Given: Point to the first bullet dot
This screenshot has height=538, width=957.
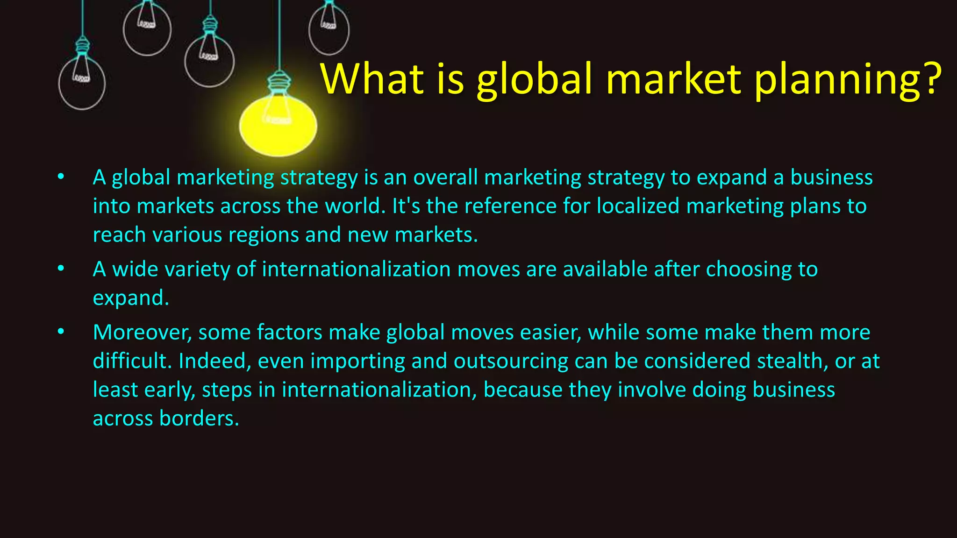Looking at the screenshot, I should (x=61, y=177).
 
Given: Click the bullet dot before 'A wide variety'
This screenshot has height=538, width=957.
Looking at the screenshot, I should (x=61, y=269).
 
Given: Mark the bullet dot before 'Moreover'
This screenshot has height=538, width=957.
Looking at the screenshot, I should (x=61, y=332).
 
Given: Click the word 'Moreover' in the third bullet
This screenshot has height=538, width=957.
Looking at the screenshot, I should (x=142, y=333).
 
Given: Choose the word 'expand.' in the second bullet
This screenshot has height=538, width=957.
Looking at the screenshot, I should (x=131, y=298).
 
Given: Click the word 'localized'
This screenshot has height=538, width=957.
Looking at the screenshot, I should (x=638, y=206).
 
